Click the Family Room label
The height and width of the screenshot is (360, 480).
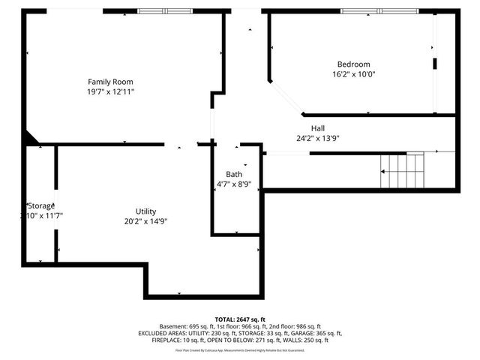click(111, 81)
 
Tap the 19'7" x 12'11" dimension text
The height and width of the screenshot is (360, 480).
click(111, 91)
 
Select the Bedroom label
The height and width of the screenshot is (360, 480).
click(353, 64)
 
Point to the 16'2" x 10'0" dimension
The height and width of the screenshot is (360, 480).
click(353, 74)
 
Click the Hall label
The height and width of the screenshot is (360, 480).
click(318, 128)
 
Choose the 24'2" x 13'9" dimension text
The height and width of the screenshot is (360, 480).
click(318, 138)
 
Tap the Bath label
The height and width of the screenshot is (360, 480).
click(235, 174)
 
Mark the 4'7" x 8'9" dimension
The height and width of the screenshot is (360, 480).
click(235, 184)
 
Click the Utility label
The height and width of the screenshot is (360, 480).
click(145, 211)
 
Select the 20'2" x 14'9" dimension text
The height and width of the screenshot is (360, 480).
click(145, 221)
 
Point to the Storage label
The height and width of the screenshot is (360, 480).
click(41, 205)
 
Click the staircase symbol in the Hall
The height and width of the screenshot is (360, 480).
click(403, 170)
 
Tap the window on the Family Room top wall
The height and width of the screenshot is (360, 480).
click(165, 10)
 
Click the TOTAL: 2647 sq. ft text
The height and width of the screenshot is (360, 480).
click(240, 319)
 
